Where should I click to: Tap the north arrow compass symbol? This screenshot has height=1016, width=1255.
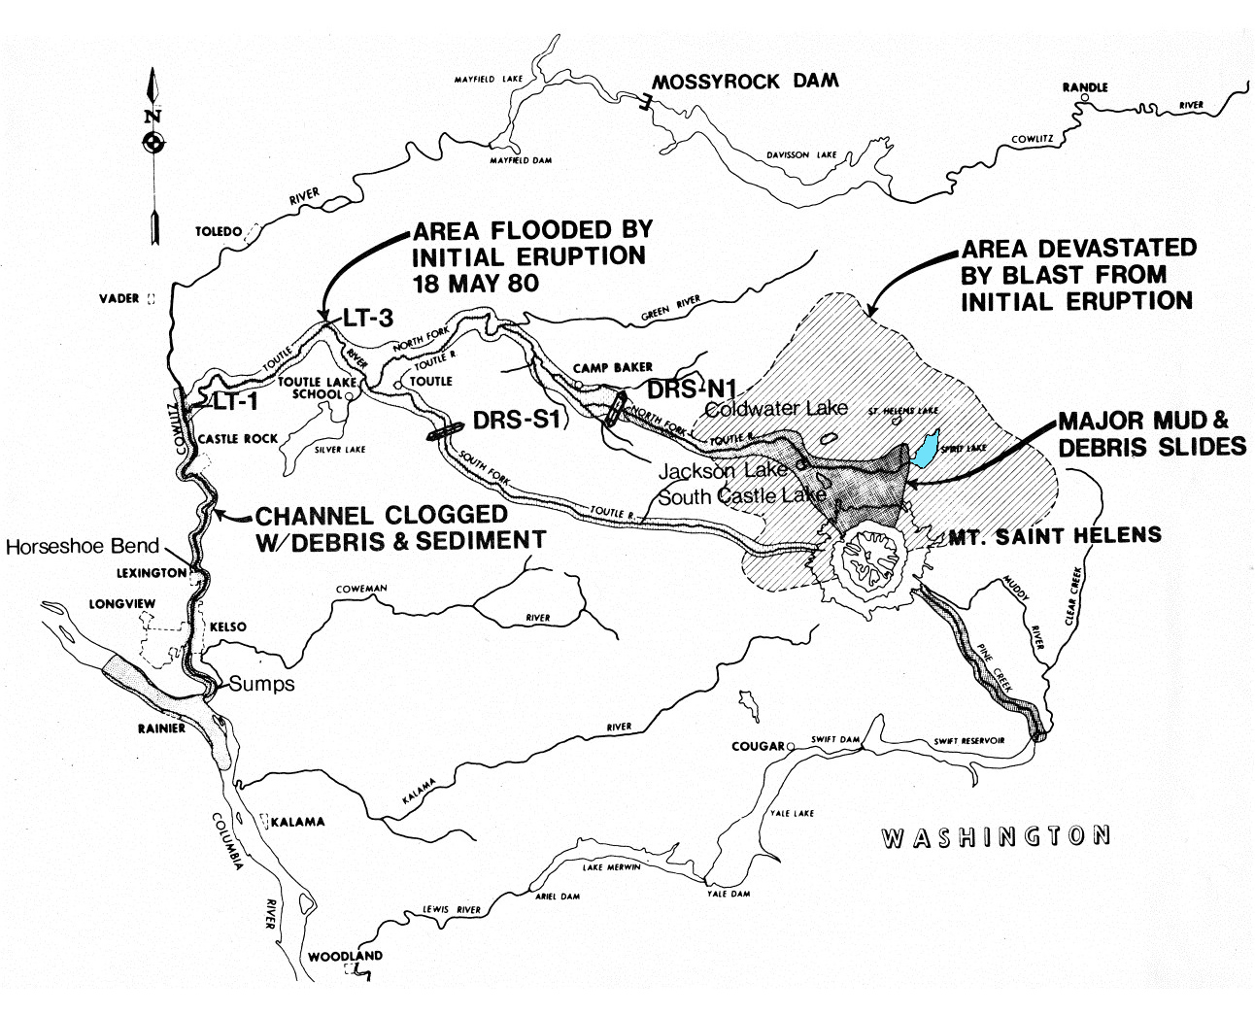152,144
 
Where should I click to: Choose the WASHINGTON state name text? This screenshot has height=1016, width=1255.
995,836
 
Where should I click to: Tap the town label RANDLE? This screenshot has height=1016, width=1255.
1085,87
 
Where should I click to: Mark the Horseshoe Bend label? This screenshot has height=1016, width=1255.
82,546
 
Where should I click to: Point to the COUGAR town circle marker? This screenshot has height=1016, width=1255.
791,746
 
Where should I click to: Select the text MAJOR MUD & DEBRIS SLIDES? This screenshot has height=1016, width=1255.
1151,433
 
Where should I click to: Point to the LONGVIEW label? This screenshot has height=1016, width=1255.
122,603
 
